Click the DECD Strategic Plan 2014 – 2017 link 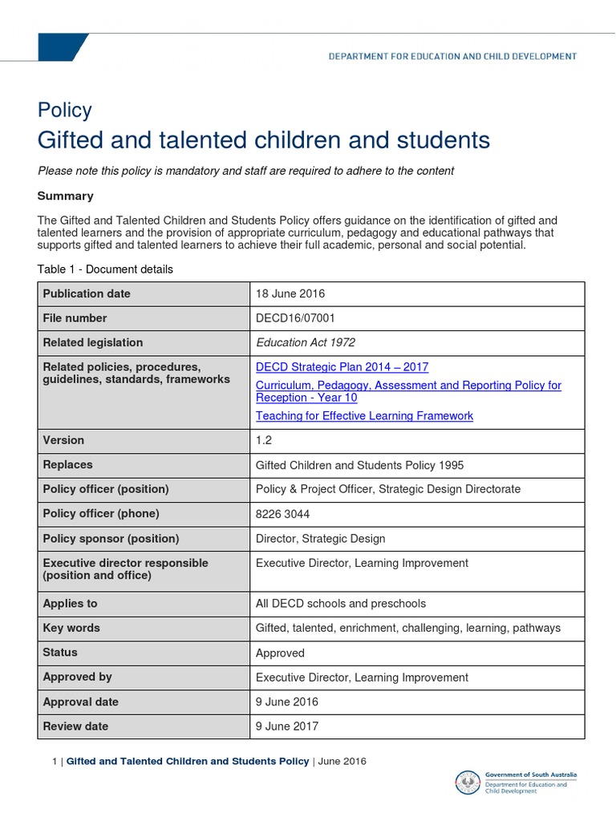342,367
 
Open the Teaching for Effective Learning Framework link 364,416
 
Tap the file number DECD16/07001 295,318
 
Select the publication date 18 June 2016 290,293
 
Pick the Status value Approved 280,653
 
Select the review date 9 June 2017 286,726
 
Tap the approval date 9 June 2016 286,702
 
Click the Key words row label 71,629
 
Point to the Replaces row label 67,465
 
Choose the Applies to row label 70,604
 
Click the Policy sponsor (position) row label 111,539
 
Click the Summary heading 66,196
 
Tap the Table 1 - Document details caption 105,269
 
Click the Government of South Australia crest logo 468,783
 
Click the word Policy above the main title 65,111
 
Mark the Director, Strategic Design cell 320,539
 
